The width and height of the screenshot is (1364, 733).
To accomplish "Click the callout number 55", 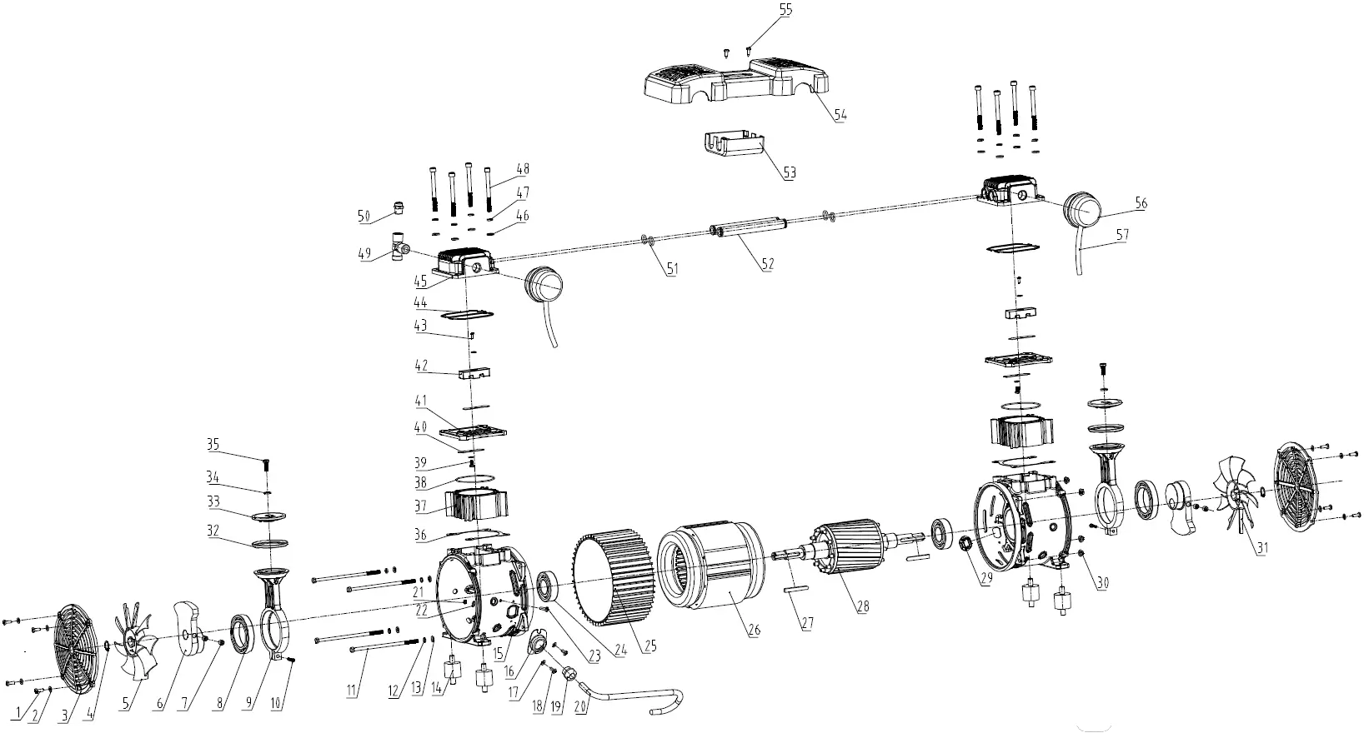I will point(785,10).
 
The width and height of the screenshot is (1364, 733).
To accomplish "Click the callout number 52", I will point(768,264).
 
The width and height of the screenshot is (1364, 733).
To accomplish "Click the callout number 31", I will point(1262,548).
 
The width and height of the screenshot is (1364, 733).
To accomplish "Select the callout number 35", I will point(213,446).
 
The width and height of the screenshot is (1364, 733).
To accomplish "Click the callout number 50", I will point(364,217).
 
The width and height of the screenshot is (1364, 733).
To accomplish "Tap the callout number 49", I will point(364,255).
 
